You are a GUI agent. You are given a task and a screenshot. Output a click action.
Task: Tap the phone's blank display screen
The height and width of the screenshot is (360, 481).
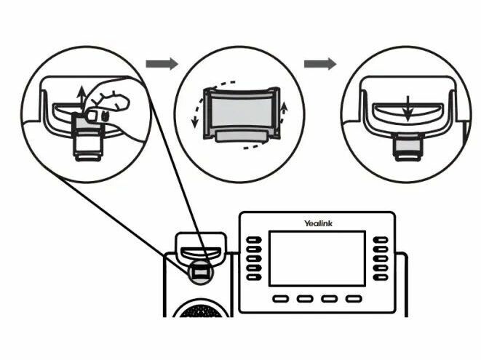(317, 258)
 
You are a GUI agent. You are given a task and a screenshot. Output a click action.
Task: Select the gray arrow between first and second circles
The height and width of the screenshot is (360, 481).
(162, 64)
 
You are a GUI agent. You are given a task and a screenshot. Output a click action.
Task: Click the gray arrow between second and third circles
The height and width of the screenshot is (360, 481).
(319, 64)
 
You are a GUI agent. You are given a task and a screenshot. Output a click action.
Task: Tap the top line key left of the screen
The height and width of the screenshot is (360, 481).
(253, 240)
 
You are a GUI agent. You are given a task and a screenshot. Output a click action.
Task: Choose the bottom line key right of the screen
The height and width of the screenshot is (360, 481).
(381, 276)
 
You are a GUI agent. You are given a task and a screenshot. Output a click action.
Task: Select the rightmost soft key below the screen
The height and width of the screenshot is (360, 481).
(353, 299)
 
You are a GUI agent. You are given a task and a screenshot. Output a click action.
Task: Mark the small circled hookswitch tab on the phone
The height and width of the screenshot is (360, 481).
(200, 271)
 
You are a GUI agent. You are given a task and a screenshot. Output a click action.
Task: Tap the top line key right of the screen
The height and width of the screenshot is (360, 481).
(381, 240)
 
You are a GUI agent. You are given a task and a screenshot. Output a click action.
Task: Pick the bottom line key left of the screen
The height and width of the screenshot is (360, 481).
(253, 276)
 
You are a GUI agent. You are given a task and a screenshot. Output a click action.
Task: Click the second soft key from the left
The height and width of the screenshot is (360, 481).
(306, 299)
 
